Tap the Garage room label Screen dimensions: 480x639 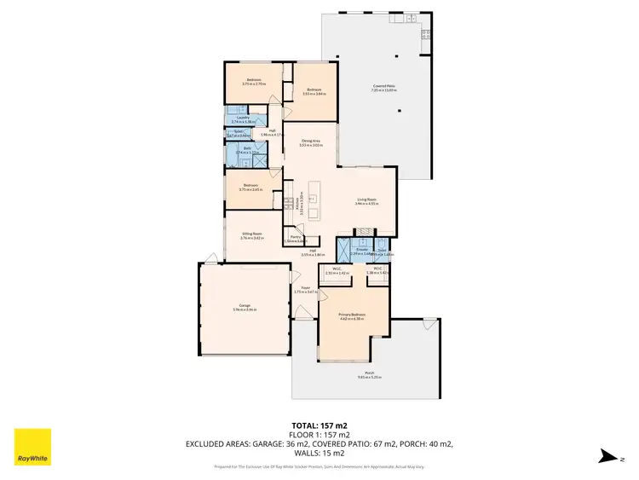click(x=245, y=306)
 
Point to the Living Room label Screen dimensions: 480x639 click(x=366, y=200)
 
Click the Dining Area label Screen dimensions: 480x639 click(x=309, y=141)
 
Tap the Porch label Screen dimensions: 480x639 click(x=369, y=373)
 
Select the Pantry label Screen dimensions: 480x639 click(x=296, y=237)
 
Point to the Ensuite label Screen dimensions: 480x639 click(x=361, y=249)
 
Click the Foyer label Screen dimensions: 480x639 click(x=304, y=288)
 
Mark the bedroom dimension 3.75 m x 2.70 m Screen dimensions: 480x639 click(x=253, y=84)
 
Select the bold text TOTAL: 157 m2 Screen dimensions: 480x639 click(x=319, y=425)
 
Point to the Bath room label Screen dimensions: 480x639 click(x=246, y=148)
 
